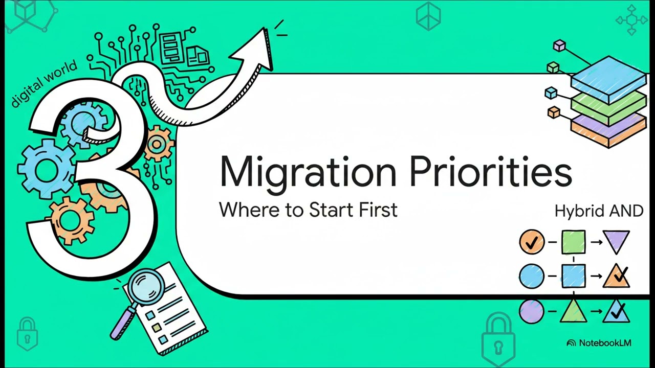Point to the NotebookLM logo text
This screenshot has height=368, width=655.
click(605, 343)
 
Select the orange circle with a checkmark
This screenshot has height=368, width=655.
click(532, 241)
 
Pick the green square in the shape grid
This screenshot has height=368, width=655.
click(573, 242)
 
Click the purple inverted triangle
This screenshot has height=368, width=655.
click(616, 241)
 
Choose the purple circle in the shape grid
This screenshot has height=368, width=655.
click(532, 311)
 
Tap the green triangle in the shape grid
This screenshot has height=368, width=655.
click(573, 311)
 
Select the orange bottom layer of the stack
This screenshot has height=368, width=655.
click(609, 130)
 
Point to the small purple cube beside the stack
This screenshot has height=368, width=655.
click(559, 46)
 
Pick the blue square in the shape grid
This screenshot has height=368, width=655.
click(573, 276)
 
